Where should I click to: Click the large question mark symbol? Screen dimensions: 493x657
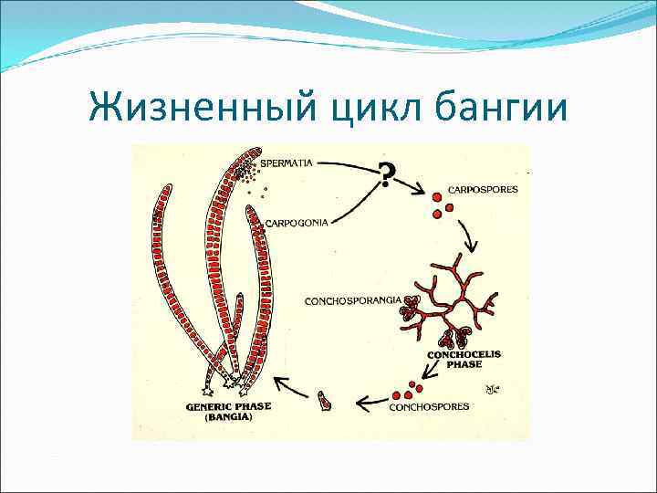point(388,173)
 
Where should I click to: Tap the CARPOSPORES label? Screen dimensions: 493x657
point(482,191)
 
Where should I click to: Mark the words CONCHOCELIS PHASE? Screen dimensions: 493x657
point(464,358)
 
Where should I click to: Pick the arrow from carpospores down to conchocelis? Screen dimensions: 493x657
point(471,239)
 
